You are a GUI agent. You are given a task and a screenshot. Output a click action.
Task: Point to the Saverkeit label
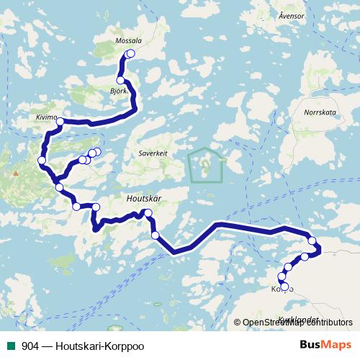153,153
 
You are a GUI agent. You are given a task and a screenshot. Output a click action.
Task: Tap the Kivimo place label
46,114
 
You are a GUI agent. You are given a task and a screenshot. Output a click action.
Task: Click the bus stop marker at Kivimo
61,122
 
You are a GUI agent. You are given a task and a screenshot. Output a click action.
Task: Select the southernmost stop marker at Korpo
284,289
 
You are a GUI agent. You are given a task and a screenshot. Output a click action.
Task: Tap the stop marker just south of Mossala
120,80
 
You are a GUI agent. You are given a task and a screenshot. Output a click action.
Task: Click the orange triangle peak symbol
14,174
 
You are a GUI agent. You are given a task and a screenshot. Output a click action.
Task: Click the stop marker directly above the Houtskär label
148,212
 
